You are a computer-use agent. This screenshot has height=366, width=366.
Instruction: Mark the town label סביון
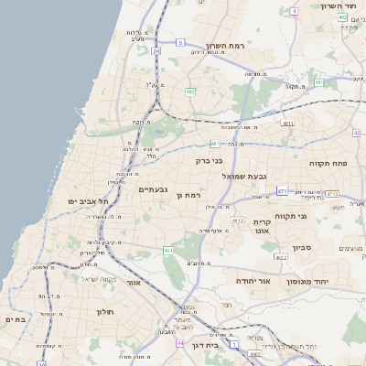click(x=302, y=247)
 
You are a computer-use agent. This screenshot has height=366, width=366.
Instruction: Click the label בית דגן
click(x=207, y=346)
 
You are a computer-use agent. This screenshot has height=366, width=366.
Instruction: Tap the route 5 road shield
click(x=180, y=43)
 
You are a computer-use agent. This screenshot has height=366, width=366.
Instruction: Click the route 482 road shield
click(x=190, y=91)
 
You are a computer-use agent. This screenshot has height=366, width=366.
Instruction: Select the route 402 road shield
click(x=342, y=16)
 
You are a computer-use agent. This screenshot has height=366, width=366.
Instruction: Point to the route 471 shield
click(x=283, y=191)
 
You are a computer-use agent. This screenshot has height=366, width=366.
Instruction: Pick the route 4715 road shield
click(x=332, y=194)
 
